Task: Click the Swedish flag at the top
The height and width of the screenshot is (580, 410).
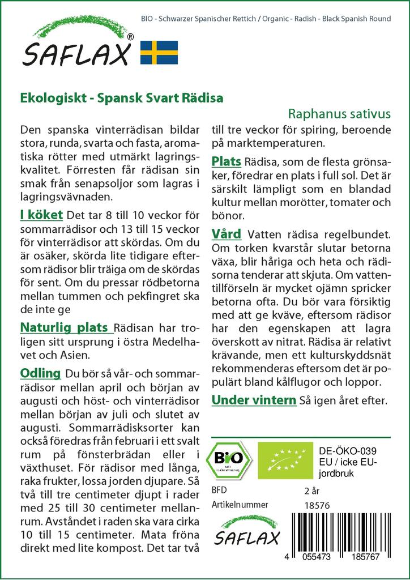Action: [x=159, y=52]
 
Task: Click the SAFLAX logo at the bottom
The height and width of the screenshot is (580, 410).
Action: [x=246, y=530]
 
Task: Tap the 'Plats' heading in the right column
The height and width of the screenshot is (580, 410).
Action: [x=227, y=162]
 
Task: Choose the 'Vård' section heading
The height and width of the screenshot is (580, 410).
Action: [x=226, y=233]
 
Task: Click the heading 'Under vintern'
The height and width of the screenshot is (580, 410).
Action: [x=254, y=400]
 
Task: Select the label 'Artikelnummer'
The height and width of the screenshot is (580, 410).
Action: [x=240, y=505]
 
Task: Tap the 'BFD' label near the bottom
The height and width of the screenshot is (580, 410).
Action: [x=219, y=490]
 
